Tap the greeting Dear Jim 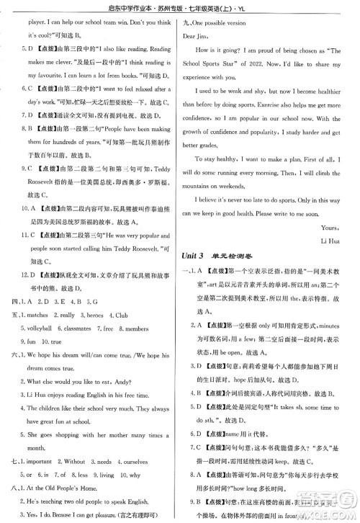[x=199, y=35]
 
